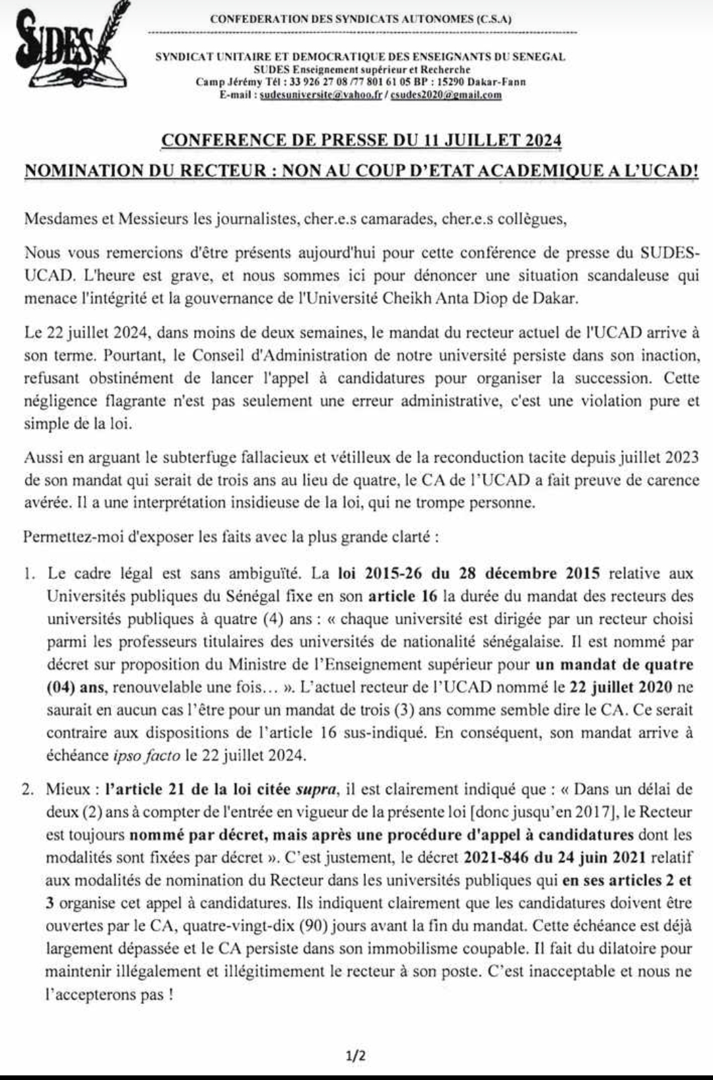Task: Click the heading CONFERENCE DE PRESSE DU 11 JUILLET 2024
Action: [x=361, y=140]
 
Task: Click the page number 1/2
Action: [x=356, y=1056]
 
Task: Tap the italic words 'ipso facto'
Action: [x=144, y=755]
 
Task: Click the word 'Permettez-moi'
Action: [x=65, y=537]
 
